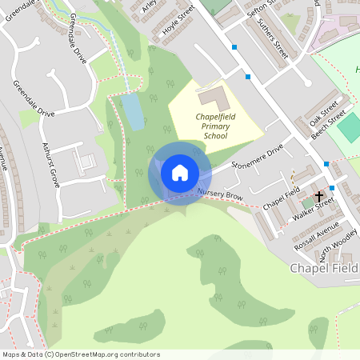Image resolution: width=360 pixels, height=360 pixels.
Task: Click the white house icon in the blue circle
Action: (180, 172)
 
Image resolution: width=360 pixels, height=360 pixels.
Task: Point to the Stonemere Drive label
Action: (257, 158)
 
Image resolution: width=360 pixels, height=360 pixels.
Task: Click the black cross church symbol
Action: (319, 195)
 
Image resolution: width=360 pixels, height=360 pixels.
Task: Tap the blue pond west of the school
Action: (133, 111)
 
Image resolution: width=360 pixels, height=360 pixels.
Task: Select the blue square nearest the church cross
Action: (326, 164)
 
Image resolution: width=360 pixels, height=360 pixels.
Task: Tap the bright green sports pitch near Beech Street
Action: (349, 127)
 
